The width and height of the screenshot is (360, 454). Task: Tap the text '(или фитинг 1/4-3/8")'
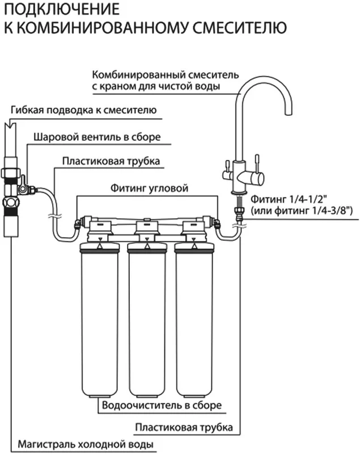coord(298,211)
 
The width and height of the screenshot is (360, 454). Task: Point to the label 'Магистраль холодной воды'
coord(86,444)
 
